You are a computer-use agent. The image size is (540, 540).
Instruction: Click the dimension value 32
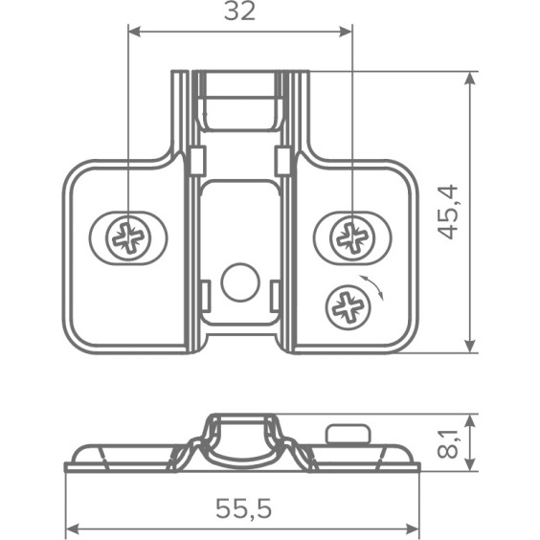(x=239, y=11)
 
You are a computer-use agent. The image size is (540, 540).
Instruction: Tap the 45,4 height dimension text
(x=449, y=213)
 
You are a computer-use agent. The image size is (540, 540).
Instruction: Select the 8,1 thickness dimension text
(x=448, y=444)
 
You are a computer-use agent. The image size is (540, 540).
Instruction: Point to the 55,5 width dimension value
(x=243, y=508)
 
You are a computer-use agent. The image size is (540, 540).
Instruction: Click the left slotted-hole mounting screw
(x=129, y=238)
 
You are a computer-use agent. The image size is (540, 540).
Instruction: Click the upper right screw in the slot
(x=352, y=238)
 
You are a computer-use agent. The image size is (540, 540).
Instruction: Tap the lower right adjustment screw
(x=349, y=306)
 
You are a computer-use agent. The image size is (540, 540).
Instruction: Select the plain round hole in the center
(x=240, y=282)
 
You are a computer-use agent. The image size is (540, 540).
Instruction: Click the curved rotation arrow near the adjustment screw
(x=373, y=286)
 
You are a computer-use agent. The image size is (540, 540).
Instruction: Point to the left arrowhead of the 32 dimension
(x=134, y=32)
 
